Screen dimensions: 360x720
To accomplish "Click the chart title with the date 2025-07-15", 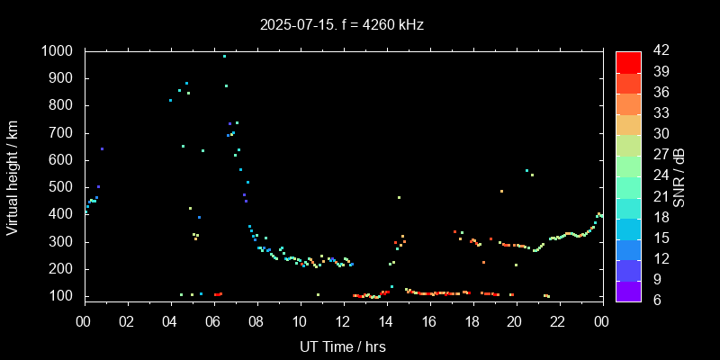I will click(x=341, y=25).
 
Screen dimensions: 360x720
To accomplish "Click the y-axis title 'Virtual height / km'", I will click(x=13, y=174).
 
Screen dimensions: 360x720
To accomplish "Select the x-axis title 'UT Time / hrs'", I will click(x=342, y=346).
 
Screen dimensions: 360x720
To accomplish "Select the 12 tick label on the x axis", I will click(x=342, y=321).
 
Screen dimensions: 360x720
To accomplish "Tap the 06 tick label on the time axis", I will click(x=213, y=321).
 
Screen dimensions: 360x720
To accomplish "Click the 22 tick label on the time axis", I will click(x=558, y=321).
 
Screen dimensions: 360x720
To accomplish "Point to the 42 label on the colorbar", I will click(x=657, y=51).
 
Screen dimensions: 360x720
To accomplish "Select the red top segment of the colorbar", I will click(x=628, y=61).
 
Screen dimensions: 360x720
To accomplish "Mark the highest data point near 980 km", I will click(x=224, y=56).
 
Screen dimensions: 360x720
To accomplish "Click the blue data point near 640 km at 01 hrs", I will click(x=102, y=148).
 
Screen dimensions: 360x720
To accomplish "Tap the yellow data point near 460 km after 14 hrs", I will click(x=399, y=197).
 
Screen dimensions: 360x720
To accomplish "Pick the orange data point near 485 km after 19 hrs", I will click(x=501, y=191).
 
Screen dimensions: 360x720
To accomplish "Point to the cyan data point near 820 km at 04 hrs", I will click(x=170, y=100).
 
